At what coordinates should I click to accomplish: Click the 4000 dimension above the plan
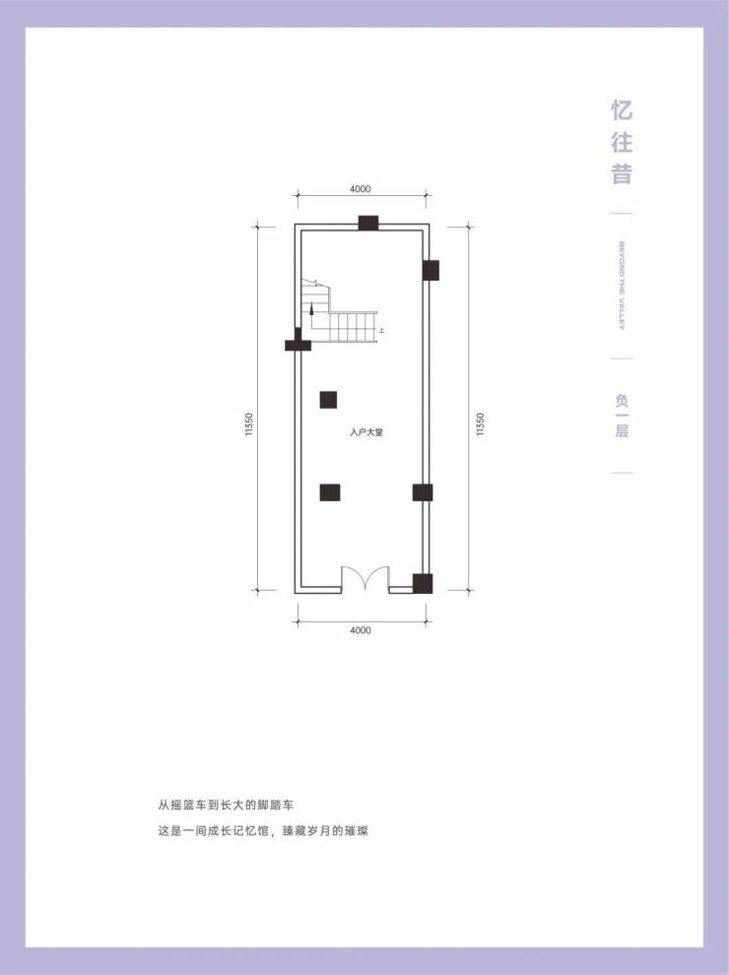click(360, 188)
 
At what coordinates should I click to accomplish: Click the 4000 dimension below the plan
click(360, 630)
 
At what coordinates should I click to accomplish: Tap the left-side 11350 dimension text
click(251, 425)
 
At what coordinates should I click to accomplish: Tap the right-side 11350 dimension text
click(480, 425)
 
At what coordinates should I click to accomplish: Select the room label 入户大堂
click(365, 431)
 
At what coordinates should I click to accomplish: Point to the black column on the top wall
click(368, 223)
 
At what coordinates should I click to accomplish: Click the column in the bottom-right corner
click(423, 583)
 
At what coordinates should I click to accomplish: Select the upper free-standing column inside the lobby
click(328, 399)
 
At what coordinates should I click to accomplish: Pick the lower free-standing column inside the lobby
click(330, 492)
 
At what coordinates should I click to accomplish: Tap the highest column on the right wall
click(431, 270)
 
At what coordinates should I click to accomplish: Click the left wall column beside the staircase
click(297, 343)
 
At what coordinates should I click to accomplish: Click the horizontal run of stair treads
click(352, 326)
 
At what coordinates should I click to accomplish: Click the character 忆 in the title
click(622, 108)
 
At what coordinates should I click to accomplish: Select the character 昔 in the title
click(622, 174)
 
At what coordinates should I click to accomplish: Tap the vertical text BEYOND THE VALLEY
click(622, 286)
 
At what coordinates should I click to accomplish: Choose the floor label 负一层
click(622, 415)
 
